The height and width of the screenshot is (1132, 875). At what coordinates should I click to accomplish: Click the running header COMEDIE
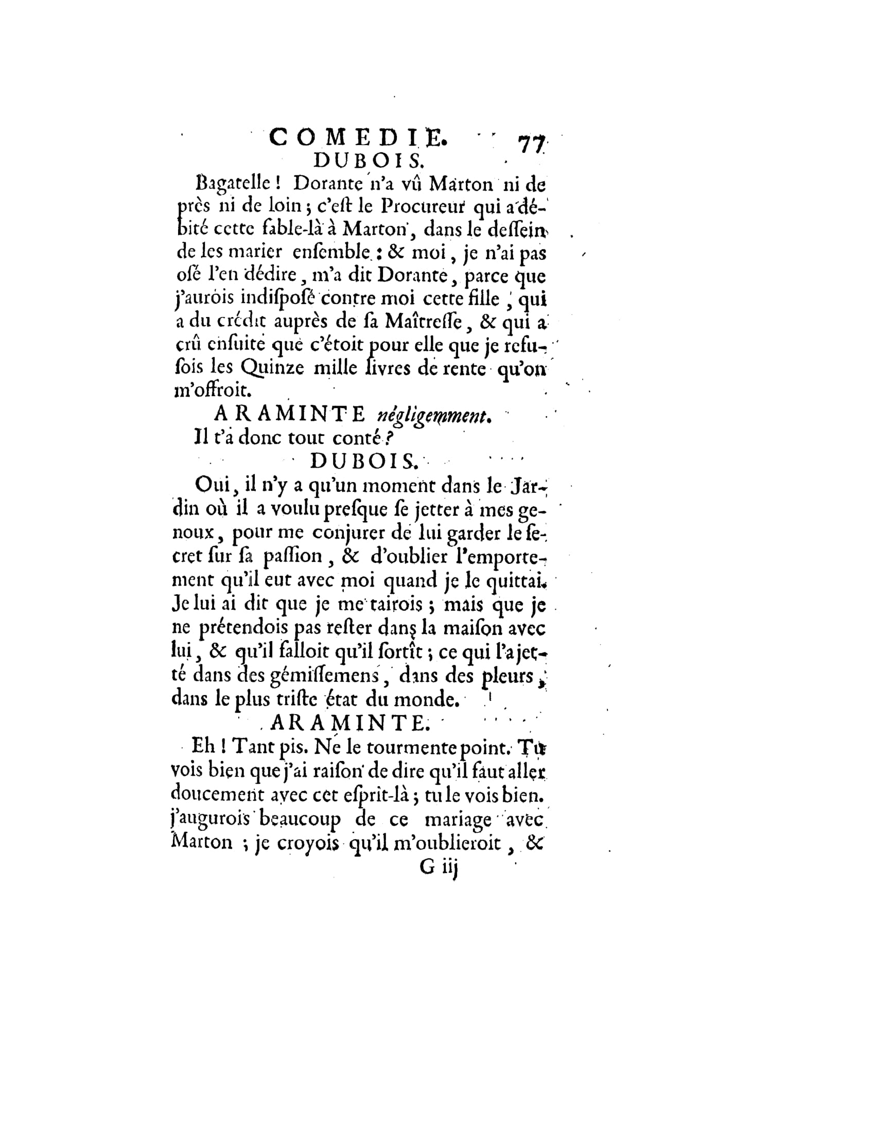point(357,138)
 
